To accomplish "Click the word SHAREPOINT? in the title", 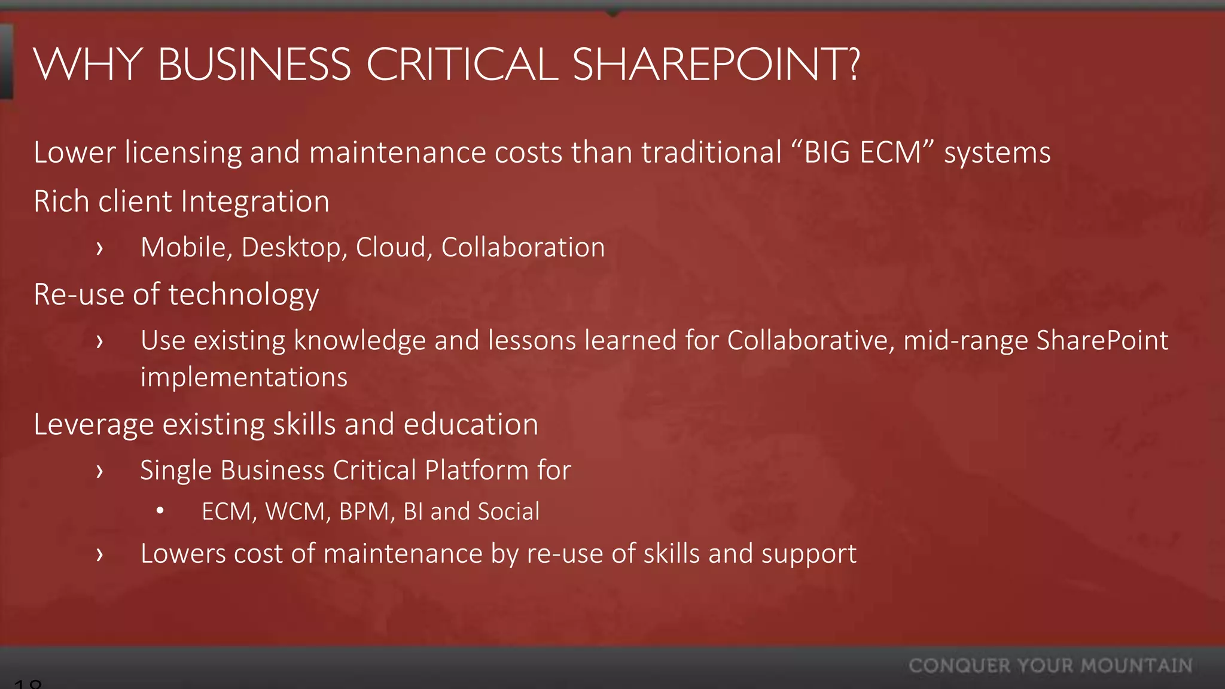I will point(716,65).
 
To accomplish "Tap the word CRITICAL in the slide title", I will point(462,65).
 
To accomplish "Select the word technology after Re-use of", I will point(243,295).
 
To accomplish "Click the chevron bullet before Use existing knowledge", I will point(100,342).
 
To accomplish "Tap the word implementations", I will point(244,377).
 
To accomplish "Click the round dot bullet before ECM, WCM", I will point(160,511).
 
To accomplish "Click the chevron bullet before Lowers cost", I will point(100,554).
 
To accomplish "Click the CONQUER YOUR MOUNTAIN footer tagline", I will point(1050,666).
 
